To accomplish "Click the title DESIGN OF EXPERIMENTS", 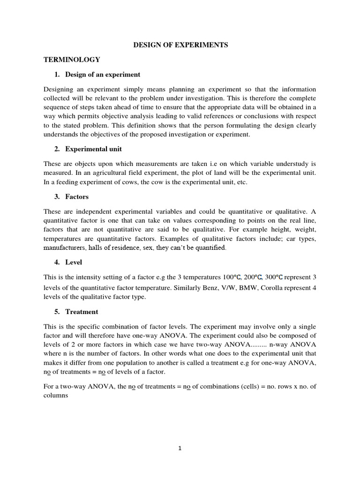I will pyautogui.click(x=180, y=45).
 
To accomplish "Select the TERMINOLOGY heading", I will pyautogui.click(x=72, y=60).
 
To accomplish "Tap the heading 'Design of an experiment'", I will pyautogui.click(x=103, y=75).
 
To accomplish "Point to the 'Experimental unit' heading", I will pyautogui.click(x=94, y=149).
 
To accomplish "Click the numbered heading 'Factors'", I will pyautogui.click(x=77, y=197).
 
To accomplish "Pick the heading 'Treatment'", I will pyautogui.click(x=82, y=312).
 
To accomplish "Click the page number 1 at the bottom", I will pyautogui.click(x=180, y=448).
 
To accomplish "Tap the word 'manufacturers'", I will pyautogui.click(x=64, y=247).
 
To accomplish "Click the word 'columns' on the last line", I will pyautogui.click(x=56, y=395).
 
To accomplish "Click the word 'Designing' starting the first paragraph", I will pyautogui.click(x=59, y=89).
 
